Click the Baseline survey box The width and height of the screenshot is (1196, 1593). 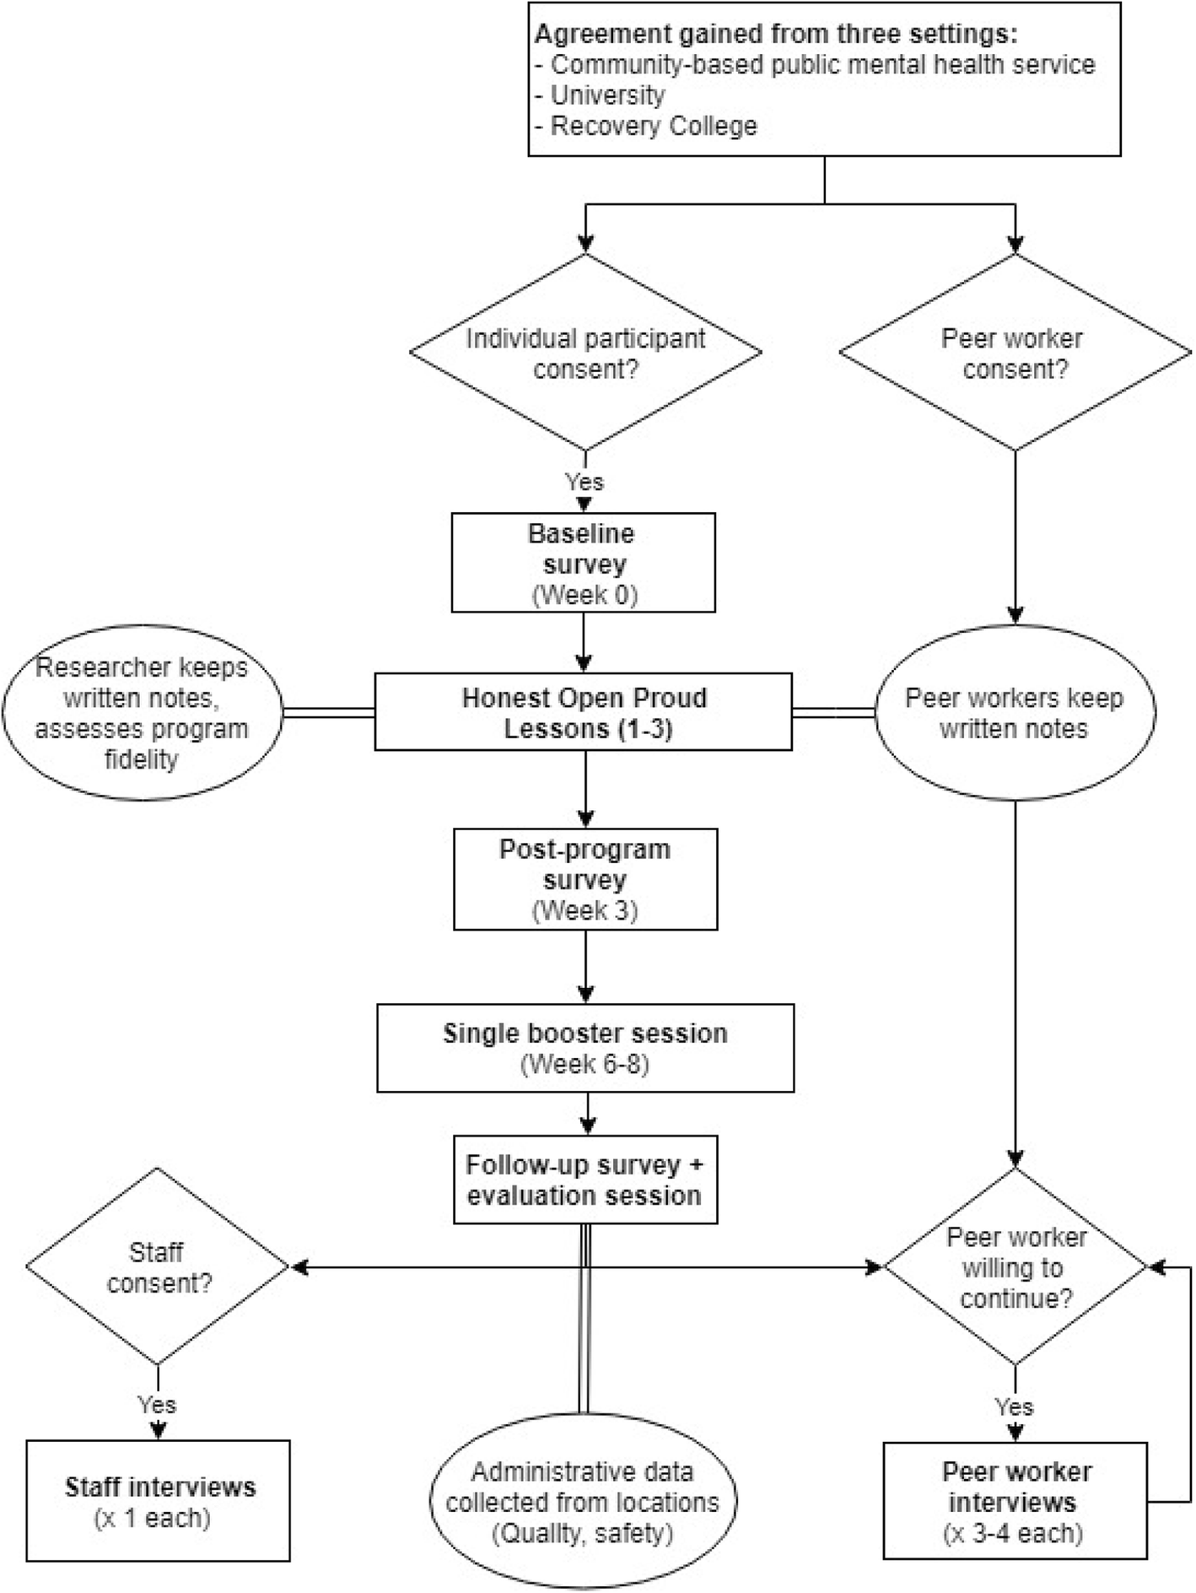pos(583,563)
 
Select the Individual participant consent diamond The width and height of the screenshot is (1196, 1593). pos(585,353)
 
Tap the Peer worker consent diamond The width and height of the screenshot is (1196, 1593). pos(1015,353)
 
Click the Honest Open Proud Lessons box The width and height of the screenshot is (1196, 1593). pos(583,712)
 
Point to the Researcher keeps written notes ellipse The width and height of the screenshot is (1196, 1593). pos(142,713)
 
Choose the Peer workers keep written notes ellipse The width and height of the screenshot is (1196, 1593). pos(1015,713)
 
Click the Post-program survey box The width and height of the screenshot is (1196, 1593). pos(585,879)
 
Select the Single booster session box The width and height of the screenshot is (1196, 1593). pos(585,1048)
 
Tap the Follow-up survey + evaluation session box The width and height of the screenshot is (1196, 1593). pos(585,1180)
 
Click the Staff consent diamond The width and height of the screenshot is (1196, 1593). pos(158,1266)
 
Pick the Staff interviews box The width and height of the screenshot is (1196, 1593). pos(158,1501)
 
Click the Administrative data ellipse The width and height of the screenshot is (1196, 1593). pos(583,1502)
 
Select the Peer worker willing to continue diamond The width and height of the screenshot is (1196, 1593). pos(1015,1266)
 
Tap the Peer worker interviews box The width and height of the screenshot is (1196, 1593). pos(1015,1501)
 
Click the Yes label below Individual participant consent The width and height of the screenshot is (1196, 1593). pos(585,483)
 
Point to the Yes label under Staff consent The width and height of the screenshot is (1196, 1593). pos(158,1405)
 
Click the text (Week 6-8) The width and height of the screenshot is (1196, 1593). pos(585,1064)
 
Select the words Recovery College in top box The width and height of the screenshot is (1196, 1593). pos(654,127)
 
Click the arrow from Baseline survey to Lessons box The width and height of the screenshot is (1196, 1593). pos(584,642)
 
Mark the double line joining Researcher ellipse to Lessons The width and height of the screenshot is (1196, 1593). pos(328,713)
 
